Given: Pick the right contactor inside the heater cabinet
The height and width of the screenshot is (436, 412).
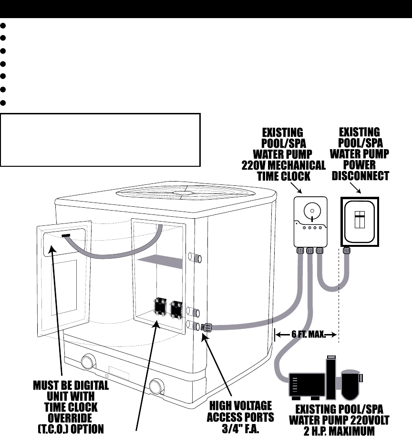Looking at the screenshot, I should coord(176,309).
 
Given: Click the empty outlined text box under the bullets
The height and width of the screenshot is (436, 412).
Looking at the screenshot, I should coord(100,140).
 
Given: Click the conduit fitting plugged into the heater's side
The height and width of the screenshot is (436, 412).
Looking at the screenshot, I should coord(206,327).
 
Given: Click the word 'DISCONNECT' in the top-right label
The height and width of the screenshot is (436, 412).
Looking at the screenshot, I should coord(360,175).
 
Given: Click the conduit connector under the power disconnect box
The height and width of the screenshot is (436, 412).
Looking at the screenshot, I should coord(347,250).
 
